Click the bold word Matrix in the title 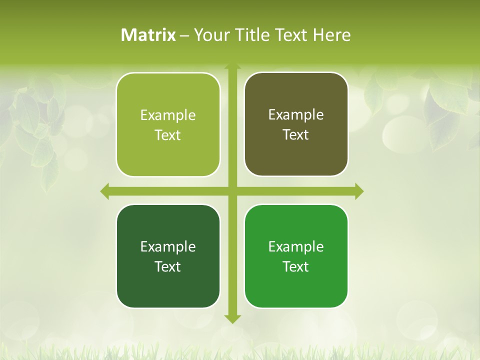click(x=148, y=35)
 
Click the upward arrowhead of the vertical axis click(x=232, y=66)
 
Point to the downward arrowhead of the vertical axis click(x=232, y=319)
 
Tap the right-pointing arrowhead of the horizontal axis click(x=359, y=191)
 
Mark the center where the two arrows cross click(x=232, y=191)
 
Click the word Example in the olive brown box click(x=296, y=115)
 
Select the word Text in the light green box click(x=168, y=135)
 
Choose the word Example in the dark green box click(x=168, y=246)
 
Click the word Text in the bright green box click(x=296, y=266)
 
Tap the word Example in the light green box click(x=168, y=115)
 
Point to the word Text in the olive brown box click(x=296, y=135)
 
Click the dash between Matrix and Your click(x=184, y=35)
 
